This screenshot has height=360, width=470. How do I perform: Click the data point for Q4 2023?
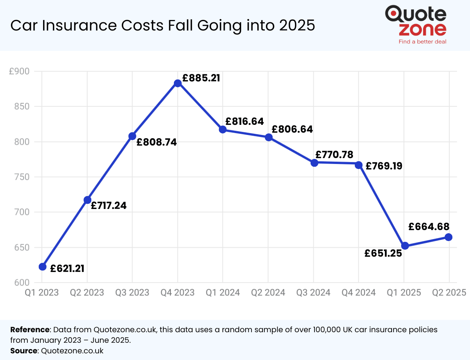[x=177, y=83]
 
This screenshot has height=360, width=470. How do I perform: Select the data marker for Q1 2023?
[x=42, y=267]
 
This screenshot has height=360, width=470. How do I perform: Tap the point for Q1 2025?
[x=405, y=246]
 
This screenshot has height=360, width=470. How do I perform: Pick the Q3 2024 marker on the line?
[x=314, y=163]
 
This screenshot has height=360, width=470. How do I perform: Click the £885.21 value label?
[x=201, y=78]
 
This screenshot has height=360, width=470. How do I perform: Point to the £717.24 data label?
[x=109, y=205]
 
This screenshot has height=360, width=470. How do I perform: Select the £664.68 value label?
[x=428, y=227]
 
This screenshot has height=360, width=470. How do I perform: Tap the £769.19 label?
[x=384, y=166]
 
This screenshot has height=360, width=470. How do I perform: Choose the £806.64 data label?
[x=292, y=129]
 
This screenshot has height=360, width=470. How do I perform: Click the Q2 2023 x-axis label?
[x=87, y=293]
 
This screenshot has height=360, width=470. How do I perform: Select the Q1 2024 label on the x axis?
[x=223, y=293]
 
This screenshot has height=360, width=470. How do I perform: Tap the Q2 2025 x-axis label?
[x=449, y=293]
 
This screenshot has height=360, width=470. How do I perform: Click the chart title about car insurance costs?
[x=163, y=25]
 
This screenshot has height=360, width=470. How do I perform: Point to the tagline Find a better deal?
[x=422, y=41]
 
